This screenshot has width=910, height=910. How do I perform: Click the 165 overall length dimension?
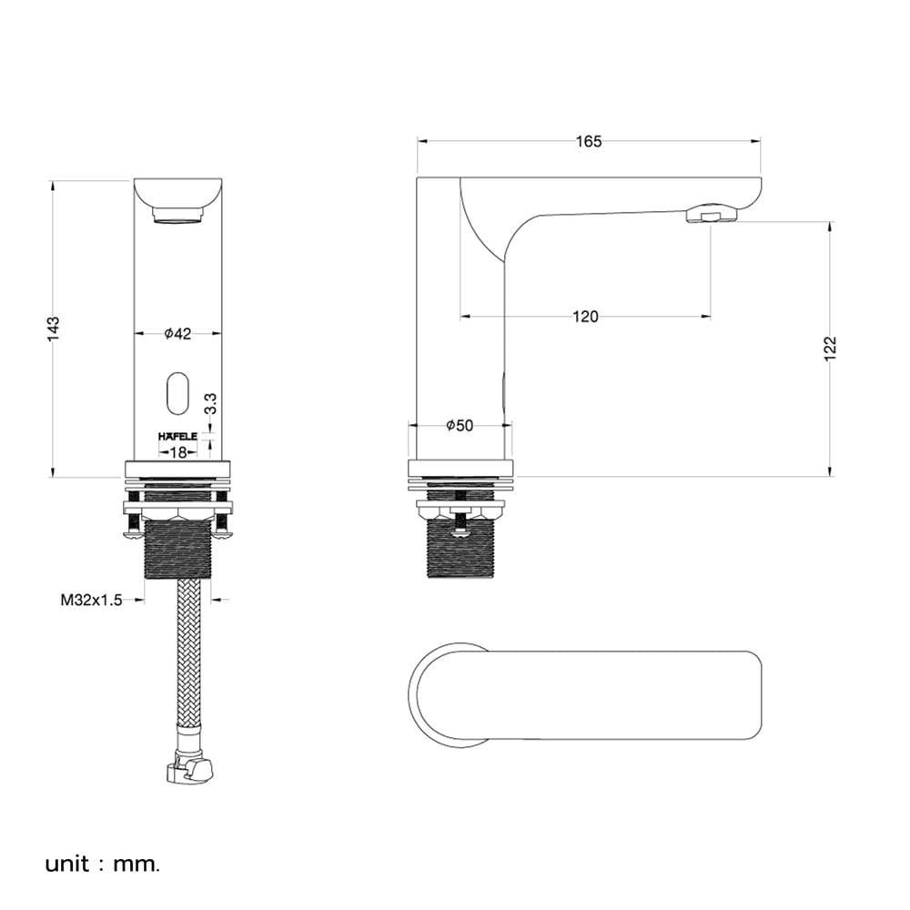pos(589,141)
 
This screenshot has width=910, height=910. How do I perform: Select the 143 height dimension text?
pos(54,329)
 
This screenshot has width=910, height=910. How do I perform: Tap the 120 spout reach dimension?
pos(585,317)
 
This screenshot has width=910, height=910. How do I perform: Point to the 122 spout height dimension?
pos(831,349)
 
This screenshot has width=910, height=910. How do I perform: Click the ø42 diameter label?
pos(177,334)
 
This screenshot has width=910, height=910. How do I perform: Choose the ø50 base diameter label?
pos(460,425)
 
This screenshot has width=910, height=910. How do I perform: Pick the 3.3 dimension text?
pos(211,403)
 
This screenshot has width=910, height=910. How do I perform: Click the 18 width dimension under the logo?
pos(178,452)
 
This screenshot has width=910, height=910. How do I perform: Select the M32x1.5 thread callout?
pos(91,600)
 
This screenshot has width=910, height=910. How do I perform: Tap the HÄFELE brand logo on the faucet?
pos(177,437)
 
